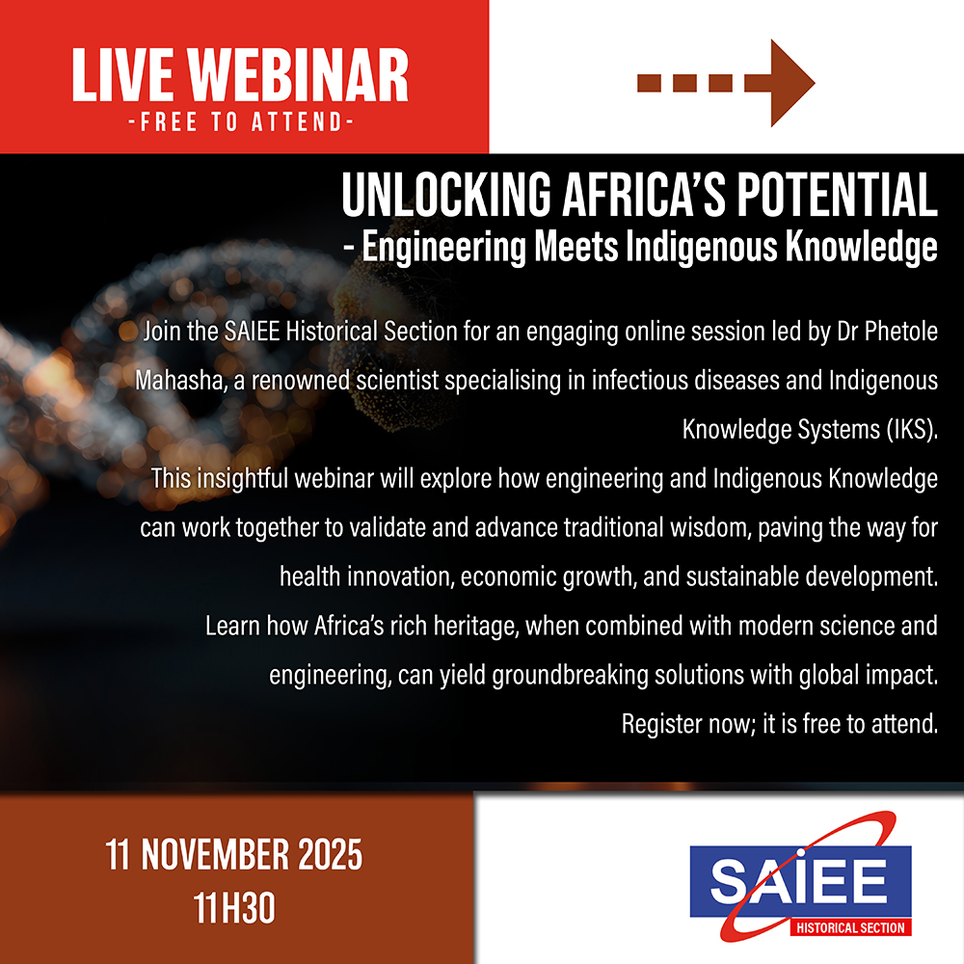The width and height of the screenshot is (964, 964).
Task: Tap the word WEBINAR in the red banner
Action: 298,75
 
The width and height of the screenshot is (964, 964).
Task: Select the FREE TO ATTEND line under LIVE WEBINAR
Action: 241,121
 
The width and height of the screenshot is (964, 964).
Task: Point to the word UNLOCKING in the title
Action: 446,195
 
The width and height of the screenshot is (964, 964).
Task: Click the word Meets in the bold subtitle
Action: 576,247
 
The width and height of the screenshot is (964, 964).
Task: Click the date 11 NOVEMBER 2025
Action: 234,854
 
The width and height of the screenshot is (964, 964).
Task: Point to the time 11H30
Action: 234,907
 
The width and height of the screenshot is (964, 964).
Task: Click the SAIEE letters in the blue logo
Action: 799,880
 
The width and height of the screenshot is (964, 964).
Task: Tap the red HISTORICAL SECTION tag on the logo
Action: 850,927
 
